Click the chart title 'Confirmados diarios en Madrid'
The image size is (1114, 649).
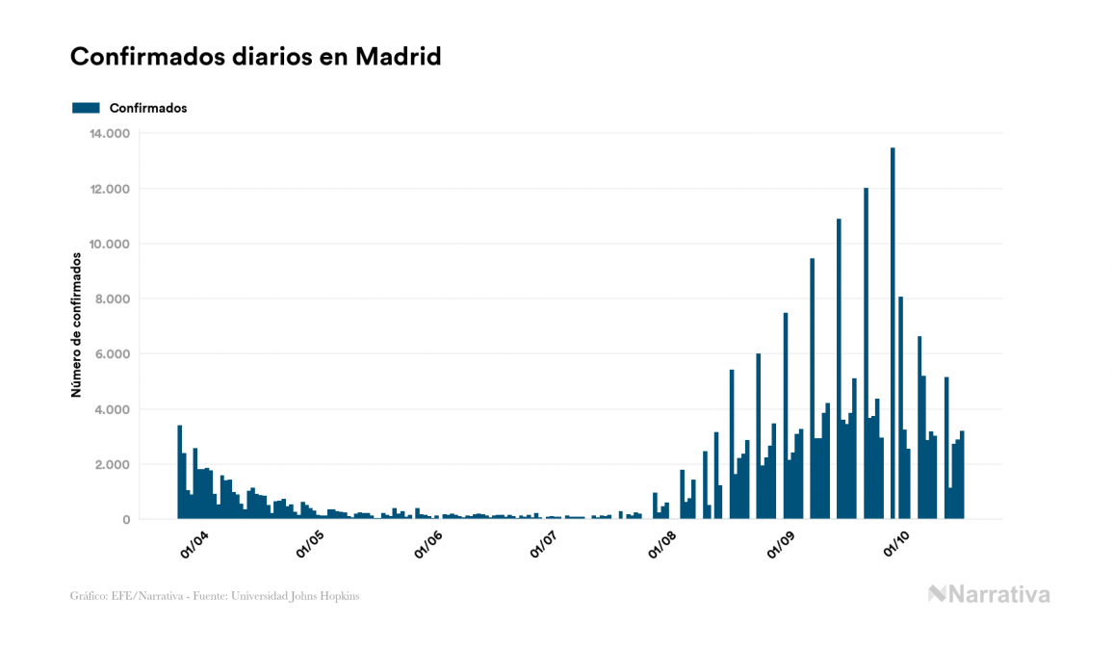(256, 57)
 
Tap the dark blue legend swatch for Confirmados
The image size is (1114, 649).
(86, 108)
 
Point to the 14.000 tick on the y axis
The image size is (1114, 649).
(109, 133)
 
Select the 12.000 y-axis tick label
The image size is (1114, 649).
(109, 189)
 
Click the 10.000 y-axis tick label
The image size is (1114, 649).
(109, 244)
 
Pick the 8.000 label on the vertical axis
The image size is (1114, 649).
(113, 299)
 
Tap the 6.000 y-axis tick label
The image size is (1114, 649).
(113, 354)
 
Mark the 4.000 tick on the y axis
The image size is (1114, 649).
(113, 410)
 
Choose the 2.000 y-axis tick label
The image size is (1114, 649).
(113, 465)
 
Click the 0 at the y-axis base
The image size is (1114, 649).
(126, 520)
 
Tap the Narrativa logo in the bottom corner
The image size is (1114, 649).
(989, 594)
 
